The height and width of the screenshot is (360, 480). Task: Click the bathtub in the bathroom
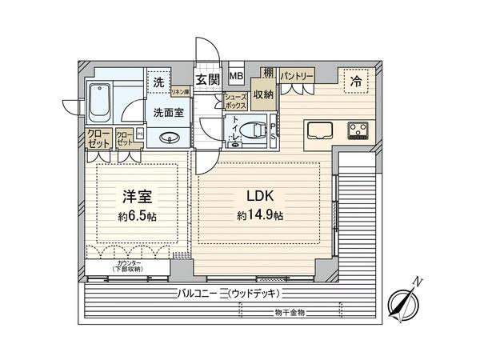point(101,102)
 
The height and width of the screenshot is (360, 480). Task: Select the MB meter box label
point(237,77)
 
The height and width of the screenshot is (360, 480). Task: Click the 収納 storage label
point(262,94)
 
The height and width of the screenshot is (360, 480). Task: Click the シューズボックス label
point(234,101)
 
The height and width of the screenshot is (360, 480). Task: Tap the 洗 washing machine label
point(158,82)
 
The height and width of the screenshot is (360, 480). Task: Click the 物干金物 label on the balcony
point(290,311)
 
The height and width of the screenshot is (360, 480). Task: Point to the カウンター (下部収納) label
point(129,266)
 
